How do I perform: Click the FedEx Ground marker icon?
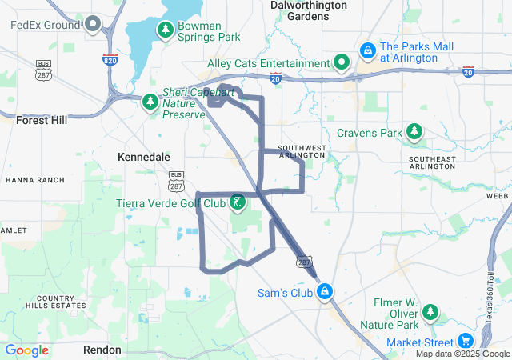coord(92,24)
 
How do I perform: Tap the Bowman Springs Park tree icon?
coord(166,30)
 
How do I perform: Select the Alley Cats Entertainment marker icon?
coord(342,62)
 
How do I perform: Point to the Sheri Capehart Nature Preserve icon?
coord(150,102)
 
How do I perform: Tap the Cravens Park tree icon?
coord(414,132)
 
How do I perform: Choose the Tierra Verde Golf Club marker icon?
coord(238,202)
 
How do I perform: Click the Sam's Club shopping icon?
coord(325,292)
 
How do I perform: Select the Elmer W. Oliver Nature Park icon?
coord(430,312)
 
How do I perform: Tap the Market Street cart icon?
coord(466,342)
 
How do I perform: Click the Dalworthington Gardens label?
coord(308,10)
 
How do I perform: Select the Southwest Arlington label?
coord(302,151)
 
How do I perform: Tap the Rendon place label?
coord(102,350)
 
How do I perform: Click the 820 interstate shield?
coord(110,60)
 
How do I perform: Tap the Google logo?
coord(26,350)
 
